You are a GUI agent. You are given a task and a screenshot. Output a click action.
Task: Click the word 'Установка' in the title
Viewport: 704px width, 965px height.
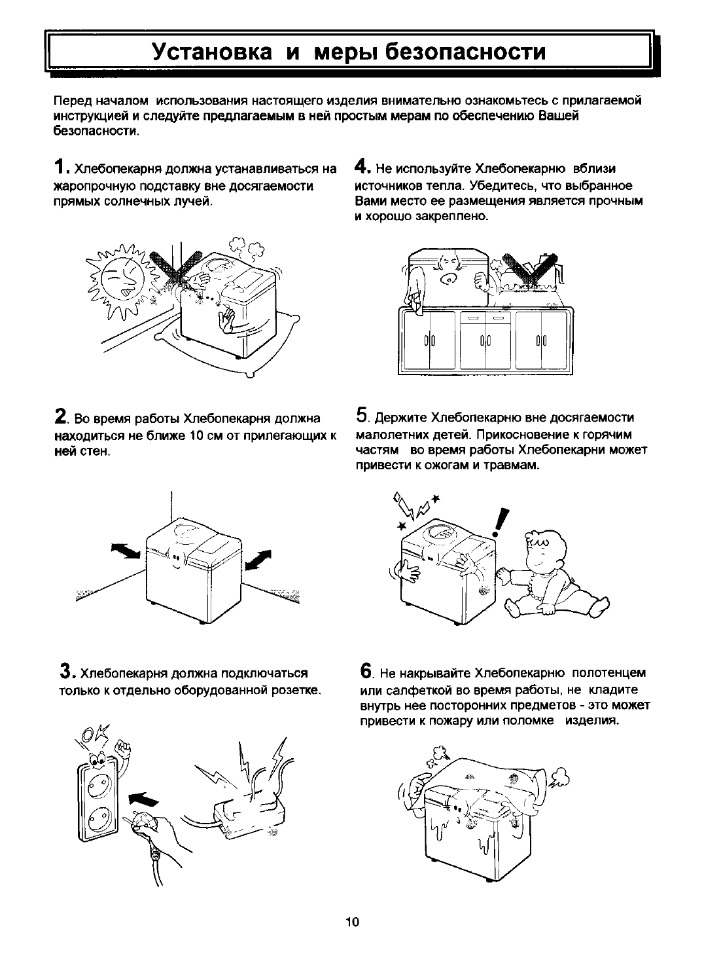(x=211, y=52)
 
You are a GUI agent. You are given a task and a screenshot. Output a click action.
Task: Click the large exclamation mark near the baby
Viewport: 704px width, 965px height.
(x=502, y=524)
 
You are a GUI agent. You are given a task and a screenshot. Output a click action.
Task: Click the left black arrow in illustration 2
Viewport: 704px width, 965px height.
(x=126, y=551)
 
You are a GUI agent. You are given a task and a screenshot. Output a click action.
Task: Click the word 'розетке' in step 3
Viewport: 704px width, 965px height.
(x=298, y=691)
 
